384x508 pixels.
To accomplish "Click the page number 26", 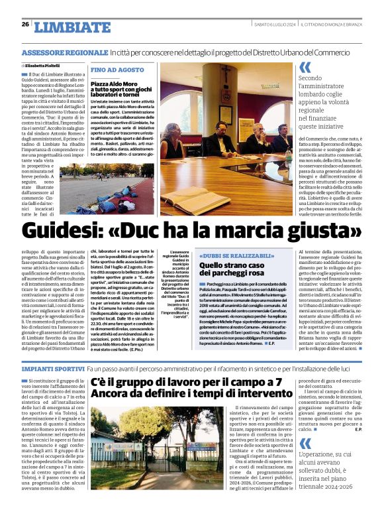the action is pyautogui.click(x=25, y=24).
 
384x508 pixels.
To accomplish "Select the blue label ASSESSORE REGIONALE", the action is pyautogui.click(x=64, y=52).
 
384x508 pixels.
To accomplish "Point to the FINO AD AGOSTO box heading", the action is pyautogui.click(x=117, y=70).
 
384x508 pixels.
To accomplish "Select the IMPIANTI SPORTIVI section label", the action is pyautogui.click(x=52, y=367).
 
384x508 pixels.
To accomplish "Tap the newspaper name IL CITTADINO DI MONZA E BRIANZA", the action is pyautogui.click(x=336, y=25).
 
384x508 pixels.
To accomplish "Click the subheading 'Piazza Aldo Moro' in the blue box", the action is pyautogui.click(x=119, y=85).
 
